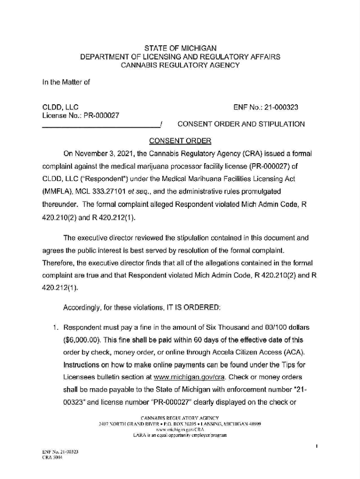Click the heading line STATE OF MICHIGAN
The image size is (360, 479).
180,48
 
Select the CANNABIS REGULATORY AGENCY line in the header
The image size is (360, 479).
180,65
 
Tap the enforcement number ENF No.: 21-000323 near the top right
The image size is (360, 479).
266,108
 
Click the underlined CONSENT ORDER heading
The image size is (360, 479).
180,141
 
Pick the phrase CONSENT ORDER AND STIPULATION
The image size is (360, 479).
241,124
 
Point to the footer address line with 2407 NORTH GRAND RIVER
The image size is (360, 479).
180,423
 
